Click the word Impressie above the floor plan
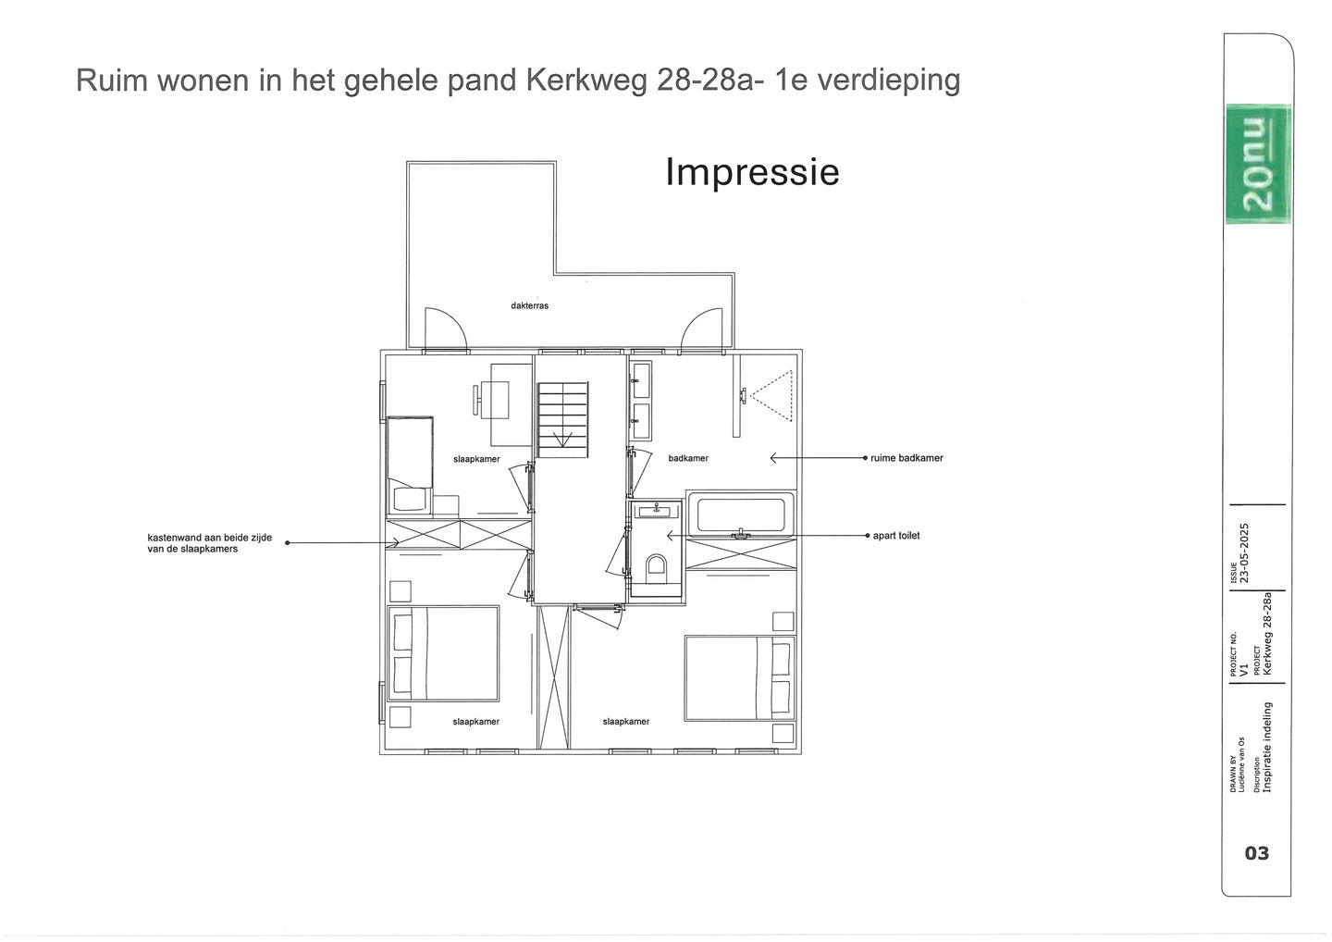click(x=752, y=172)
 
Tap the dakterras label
click(x=529, y=305)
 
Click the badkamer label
click(x=688, y=458)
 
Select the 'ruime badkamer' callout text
click(x=906, y=458)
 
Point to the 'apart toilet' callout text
click(x=896, y=536)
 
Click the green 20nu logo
click(x=1257, y=165)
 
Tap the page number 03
click(x=1257, y=853)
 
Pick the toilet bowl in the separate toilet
click(x=657, y=566)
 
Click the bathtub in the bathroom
click(x=741, y=515)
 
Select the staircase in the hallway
click(x=562, y=418)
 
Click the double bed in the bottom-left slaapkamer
click(x=443, y=652)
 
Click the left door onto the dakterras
click(x=447, y=330)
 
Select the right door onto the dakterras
click(x=700, y=330)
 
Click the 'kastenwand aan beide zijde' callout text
click(x=210, y=543)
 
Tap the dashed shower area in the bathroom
click(x=772, y=396)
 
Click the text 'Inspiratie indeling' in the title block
click(x=1267, y=748)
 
